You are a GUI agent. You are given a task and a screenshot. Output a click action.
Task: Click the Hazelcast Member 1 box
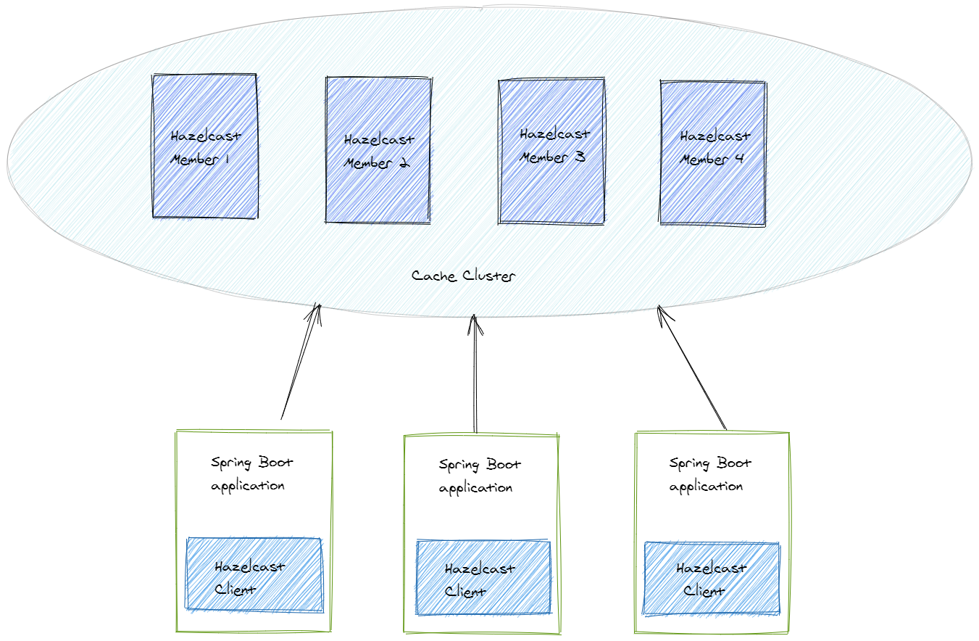pos(205,181)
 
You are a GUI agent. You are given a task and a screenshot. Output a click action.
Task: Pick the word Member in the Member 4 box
pos(701,160)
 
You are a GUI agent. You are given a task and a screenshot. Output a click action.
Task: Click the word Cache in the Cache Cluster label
pos(428,276)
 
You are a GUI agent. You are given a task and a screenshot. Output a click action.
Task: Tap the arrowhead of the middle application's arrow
pos(475,323)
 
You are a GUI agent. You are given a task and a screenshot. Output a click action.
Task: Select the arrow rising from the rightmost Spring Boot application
pos(691,367)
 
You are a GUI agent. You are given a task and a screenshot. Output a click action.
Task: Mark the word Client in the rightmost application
pos(704,591)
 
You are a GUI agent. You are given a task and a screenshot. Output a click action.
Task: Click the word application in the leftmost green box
pos(247,486)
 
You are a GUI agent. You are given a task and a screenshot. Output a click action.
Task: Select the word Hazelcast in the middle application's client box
pos(480,569)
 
